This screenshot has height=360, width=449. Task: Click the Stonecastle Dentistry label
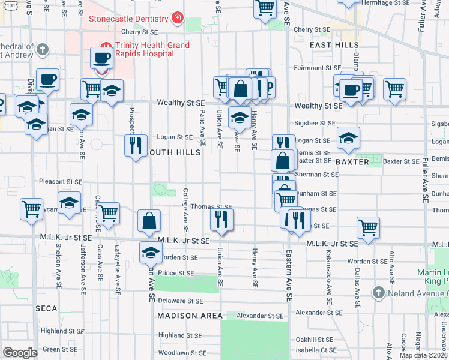coord(128,19)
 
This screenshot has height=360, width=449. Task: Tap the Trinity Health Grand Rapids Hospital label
coord(144,49)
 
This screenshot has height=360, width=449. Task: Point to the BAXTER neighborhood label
coord(352,162)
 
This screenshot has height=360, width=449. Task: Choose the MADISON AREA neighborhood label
coord(190,316)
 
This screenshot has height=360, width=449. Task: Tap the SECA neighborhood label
coord(46,308)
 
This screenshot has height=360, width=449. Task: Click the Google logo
coord(20,353)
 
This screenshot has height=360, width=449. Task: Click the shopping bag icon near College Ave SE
coord(149,221)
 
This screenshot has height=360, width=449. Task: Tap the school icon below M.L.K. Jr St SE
coord(151,253)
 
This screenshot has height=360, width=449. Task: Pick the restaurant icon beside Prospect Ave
coord(136,145)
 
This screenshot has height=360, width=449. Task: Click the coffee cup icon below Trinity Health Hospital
coord(102,58)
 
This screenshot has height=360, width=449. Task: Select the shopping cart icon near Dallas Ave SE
coord(368,227)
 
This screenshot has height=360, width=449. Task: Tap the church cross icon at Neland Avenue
coord(378,293)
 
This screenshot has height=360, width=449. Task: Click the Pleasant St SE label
coord(60,181)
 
